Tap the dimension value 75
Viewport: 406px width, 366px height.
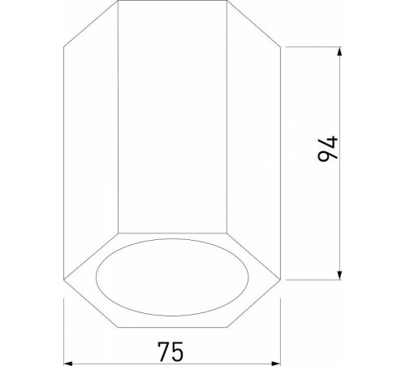coord(171,351)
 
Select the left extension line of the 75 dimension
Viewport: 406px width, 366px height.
coord(64,325)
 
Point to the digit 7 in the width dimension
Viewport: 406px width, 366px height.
coord(162,351)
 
